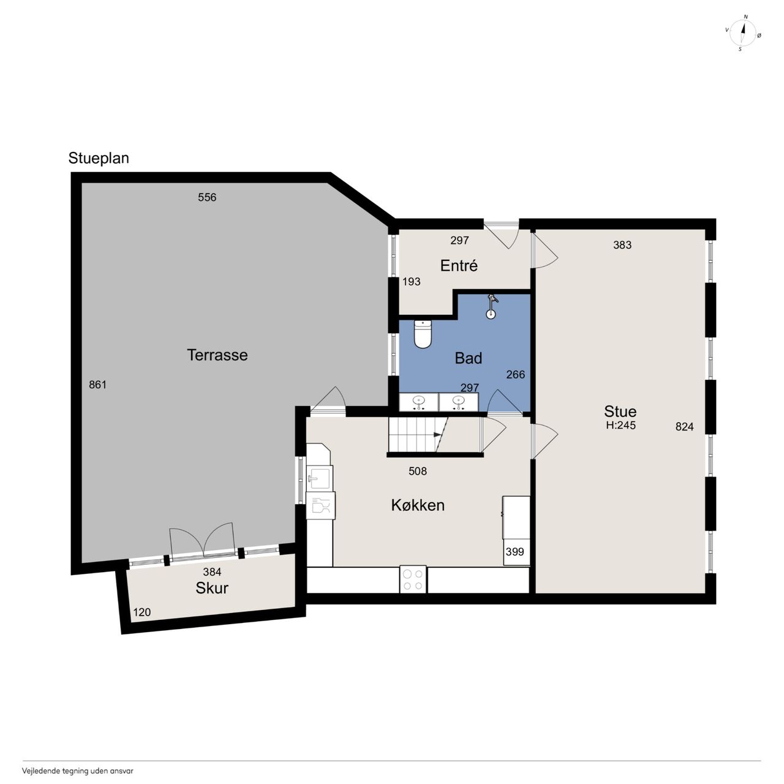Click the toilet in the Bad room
(x=423, y=334)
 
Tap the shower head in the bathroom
(x=492, y=307)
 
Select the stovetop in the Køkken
(x=413, y=579)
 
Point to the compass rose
(x=743, y=33)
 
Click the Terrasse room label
(x=217, y=355)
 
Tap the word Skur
(x=212, y=588)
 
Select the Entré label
(x=459, y=266)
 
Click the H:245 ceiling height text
(x=621, y=425)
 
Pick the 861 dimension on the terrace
(x=97, y=385)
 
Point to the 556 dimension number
(x=207, y=197)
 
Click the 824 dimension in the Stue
(x=685, y=426)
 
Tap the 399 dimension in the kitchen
(x=514, y=552)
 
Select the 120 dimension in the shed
(x=142, y=612)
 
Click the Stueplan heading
(x=99, y=158)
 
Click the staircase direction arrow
(x=437, y=435)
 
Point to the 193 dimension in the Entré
(x=412, y=282)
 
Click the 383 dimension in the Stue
(x=622, y=245)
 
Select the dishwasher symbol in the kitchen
(x=320, y=505)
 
